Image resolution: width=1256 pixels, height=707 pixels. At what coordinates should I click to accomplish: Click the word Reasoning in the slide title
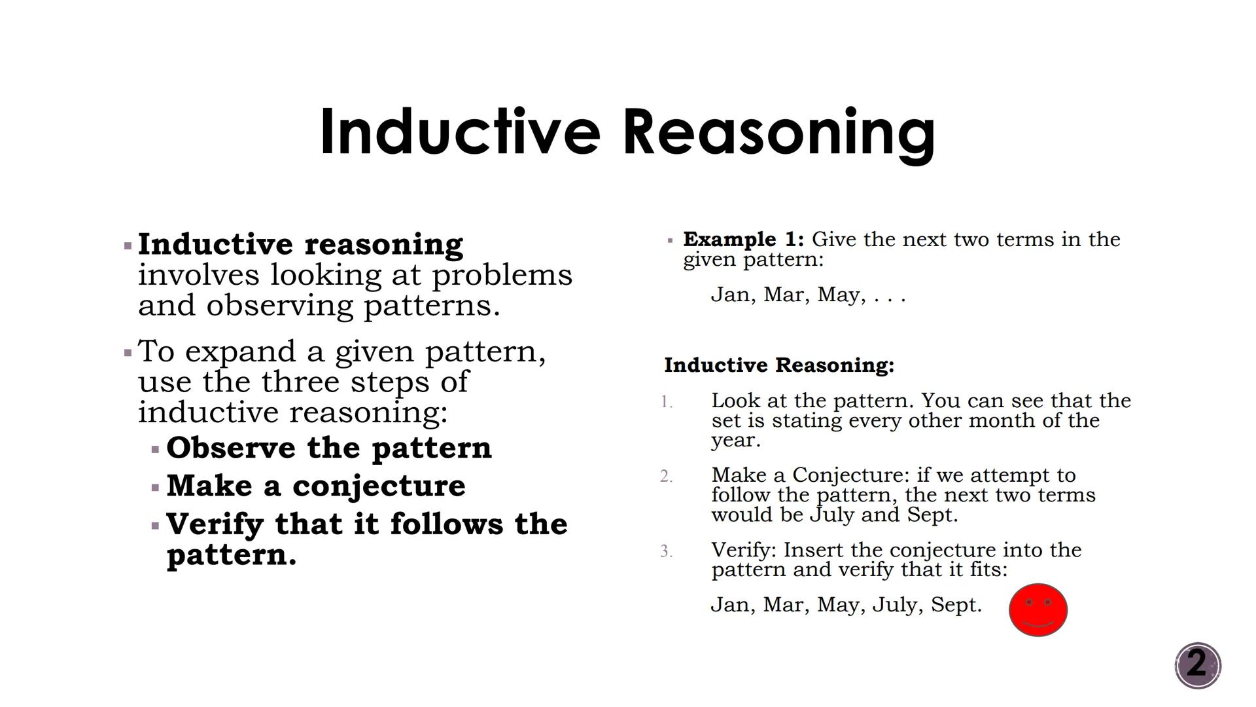[778, 133]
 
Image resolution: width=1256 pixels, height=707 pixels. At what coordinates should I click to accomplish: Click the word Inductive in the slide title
[460, 133]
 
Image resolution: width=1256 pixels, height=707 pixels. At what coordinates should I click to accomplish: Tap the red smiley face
[1038, 609]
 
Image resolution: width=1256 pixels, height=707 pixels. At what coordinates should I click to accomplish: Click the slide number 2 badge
[1197, 665]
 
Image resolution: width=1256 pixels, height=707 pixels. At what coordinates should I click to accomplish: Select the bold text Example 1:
[743, 239]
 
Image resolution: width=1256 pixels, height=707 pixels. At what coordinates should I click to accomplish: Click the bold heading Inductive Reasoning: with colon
[778, 365]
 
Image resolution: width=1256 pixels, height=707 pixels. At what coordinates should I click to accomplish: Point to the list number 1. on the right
[667, 402]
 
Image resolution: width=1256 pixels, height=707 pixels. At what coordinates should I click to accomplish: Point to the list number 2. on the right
[667, 477]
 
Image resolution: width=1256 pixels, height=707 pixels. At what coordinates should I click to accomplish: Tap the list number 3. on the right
[667, 551]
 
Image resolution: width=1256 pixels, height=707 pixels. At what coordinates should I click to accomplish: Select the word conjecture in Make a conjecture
[379, 486]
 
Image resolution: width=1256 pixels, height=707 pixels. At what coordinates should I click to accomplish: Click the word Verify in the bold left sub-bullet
[215, 524]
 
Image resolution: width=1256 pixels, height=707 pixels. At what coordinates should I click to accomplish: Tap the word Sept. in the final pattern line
[956, 604]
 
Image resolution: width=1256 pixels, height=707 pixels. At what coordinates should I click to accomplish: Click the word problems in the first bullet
[502, 275]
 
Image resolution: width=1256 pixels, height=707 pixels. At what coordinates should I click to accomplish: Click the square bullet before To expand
[128, 353]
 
